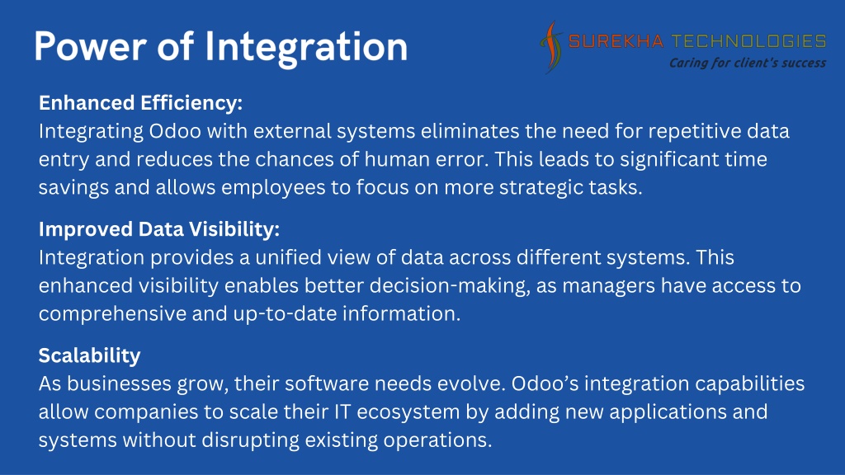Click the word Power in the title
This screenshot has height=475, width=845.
[90, 46]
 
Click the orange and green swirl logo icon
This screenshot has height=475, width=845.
[550, 47]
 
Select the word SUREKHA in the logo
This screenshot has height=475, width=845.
[616, 41]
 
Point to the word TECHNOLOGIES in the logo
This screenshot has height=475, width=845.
[748, 41]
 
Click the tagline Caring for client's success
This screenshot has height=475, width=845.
[748, 63]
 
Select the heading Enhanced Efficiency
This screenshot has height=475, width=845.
[140, 103]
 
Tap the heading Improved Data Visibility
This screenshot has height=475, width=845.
[159, 229]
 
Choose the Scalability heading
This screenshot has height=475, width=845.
[89, 355]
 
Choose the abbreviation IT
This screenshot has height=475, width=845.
[342, 412]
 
